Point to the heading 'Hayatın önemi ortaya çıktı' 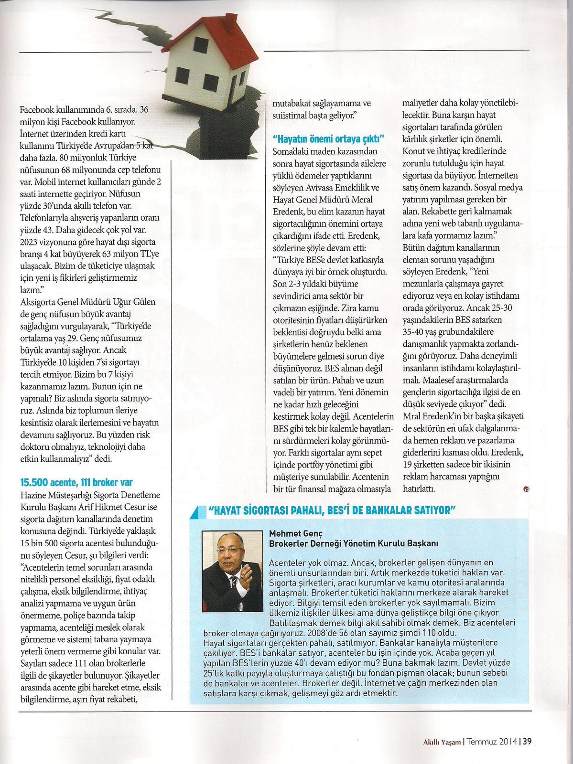[x=328, y=139]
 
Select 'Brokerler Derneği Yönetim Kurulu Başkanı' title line [x=354, y=543]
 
